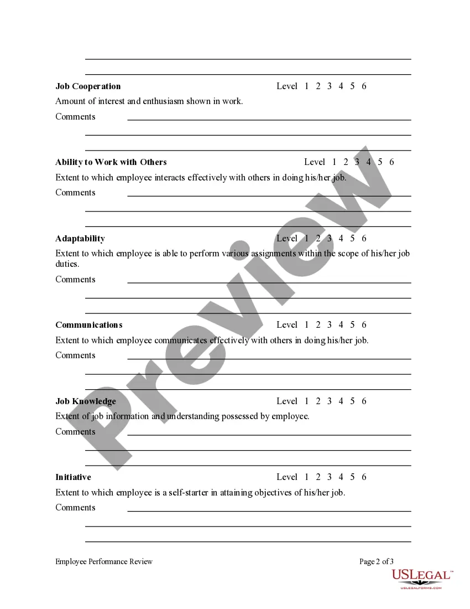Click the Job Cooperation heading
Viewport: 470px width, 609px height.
88,86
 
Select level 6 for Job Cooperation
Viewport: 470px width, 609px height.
364,86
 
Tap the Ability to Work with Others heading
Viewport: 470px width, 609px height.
111,162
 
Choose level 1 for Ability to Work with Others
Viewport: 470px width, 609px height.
334,162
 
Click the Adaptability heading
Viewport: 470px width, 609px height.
80,239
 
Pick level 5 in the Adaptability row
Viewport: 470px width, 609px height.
352,239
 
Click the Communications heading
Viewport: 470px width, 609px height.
89,325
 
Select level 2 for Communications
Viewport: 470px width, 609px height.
318,325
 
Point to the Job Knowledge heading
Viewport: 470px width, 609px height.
86,401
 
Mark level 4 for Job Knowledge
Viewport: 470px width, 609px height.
341,401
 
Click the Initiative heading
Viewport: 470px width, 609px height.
73,477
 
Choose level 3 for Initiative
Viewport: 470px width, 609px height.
329,477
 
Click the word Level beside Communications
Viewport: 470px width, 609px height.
287,325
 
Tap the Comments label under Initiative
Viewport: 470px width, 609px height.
75,508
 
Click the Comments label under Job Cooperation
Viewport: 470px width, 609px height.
75,117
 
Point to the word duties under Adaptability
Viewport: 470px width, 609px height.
67,264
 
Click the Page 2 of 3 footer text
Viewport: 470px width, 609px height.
377,561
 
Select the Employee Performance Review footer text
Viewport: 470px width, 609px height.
104,561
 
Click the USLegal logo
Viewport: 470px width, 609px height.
422,577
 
